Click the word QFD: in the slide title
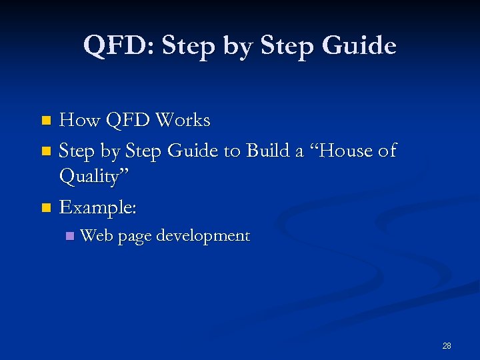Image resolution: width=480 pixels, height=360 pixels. coord(119,45)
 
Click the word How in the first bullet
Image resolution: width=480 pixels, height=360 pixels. coord(78,121)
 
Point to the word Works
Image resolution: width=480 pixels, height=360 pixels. coord(182,121)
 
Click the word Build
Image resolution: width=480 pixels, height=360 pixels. coord(271,151)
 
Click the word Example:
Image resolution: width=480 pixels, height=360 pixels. coord(98,207)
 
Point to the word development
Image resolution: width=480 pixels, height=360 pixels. coord(203,236)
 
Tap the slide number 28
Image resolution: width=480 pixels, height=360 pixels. coord(447,345)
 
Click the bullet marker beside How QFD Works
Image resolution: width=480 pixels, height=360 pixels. coord(45,121)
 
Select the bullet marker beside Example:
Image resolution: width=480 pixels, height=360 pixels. coord(45,208)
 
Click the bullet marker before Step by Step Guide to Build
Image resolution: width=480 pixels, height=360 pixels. coord(45,152)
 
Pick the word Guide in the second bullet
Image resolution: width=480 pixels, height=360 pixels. coord(195,151)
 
